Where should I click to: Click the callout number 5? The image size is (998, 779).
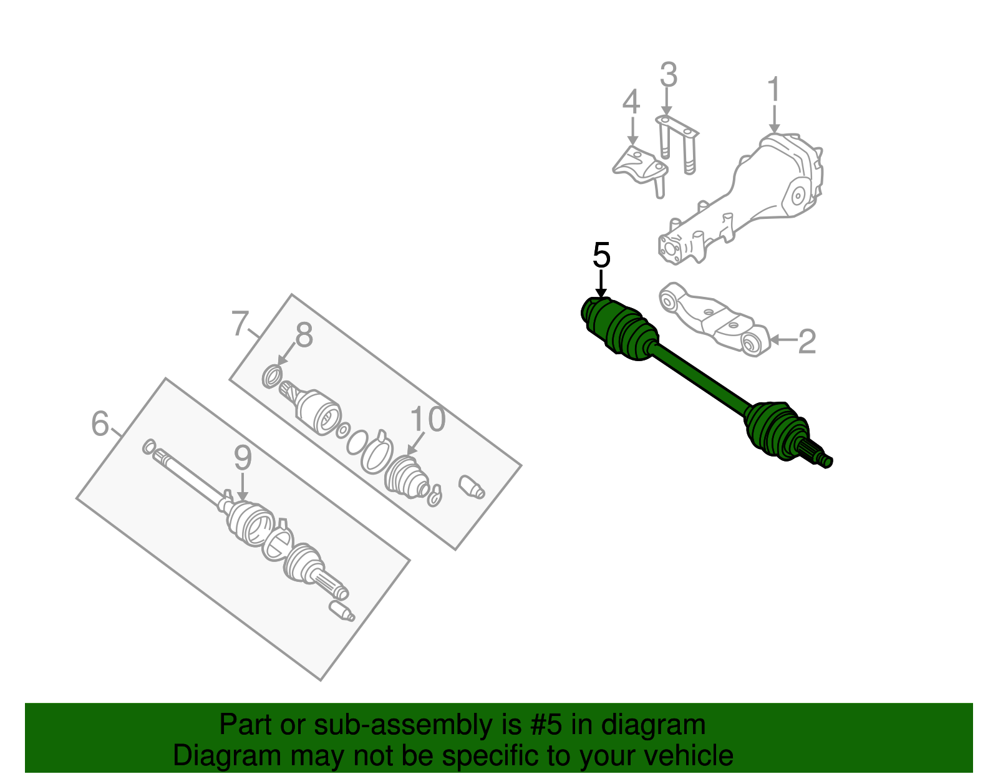click(601, 256)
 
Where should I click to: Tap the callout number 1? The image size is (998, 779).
click(773, 90)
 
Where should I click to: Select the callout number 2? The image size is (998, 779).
click(807, 341)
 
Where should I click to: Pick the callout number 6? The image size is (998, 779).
click(100, 424)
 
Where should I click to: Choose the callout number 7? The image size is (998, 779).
click(240, 324)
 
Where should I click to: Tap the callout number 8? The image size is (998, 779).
click(304, 336)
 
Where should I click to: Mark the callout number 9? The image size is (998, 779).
click(243, 458)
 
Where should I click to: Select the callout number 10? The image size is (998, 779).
click(428, 420)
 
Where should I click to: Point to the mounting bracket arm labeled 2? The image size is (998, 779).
click(711, 318)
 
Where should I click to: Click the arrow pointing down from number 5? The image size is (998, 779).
click(601, 284)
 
